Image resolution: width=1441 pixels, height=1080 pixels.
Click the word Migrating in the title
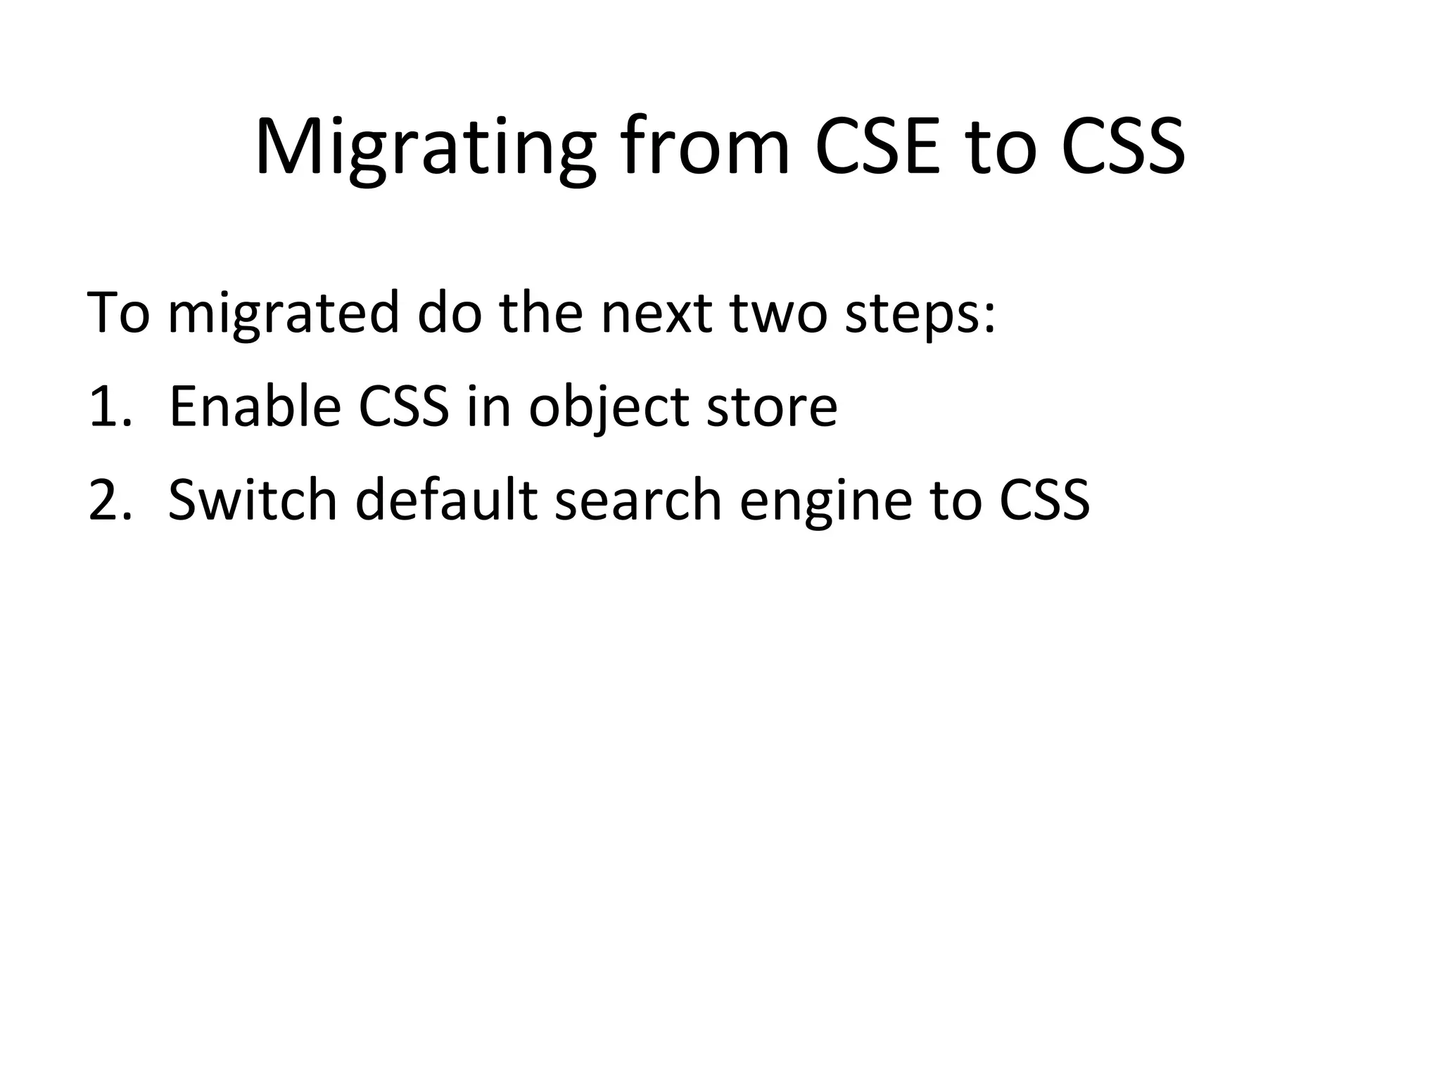[424, 149]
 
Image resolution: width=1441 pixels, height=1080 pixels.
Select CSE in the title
[877, 149]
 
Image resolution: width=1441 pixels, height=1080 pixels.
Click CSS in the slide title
[1123, 149]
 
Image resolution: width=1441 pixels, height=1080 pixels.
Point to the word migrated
[283, 314]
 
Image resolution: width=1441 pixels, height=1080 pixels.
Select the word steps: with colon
[920, 314]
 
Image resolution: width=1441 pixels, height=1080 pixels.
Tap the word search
[638, 501]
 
